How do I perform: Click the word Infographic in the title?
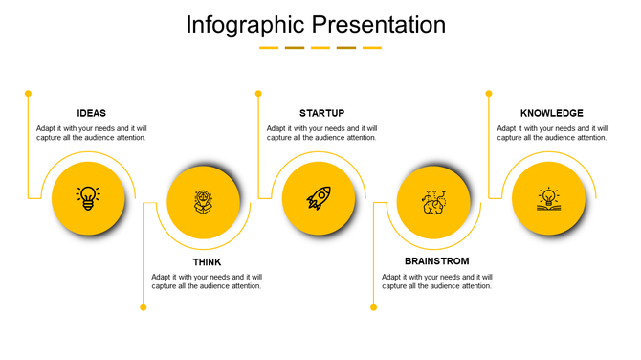point(246,24)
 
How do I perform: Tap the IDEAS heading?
point(92,113)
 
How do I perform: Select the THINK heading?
point(207,262)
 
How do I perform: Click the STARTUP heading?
point(321,113)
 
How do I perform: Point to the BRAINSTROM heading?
point(437,261)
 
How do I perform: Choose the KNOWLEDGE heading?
point(551,113)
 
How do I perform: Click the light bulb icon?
point(88,198)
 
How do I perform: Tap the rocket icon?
point(319,198)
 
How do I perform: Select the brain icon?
point(433,202)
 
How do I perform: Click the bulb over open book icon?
point(548,198)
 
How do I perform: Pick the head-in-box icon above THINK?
point(203,202)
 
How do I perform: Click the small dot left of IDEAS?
point(28,93)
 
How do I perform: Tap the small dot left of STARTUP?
point(258,93)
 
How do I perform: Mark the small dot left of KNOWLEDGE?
point(489,93)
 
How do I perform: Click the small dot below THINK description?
point(144,307)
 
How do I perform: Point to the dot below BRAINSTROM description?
point(373,307)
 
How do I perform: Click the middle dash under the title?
point(320,47)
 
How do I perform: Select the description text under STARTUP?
point(321,133)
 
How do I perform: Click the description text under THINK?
point(207,281)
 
